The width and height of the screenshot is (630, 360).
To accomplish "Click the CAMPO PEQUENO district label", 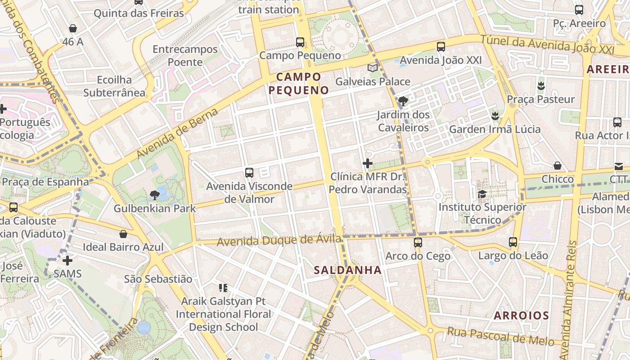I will [x=299, y=83].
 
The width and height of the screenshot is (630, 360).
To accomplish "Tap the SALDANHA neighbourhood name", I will [x=347, y=270].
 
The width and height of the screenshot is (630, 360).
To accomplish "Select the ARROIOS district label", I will [x=521, y=315].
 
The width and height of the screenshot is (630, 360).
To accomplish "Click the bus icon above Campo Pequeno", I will [x=300, y=42].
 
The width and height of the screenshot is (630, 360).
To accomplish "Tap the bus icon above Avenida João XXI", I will [x=441, y=46].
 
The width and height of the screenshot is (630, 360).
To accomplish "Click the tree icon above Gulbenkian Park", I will [x=154, y=195].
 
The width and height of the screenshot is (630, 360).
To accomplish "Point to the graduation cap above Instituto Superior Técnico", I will [x=482, y=194].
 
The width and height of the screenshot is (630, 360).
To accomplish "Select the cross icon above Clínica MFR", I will [x=368, y=163].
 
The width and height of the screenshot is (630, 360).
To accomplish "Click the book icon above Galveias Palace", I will [x=373, y=68].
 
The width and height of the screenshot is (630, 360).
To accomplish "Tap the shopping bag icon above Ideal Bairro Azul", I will [x=123, y=234].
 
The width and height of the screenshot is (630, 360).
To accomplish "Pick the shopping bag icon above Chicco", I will [x=558, y=166].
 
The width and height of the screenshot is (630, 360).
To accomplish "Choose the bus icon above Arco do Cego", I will [x=418, y=243].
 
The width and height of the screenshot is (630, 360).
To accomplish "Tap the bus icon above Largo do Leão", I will [x=513, y=242].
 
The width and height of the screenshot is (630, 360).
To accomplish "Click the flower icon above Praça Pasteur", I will [x=541, y=85].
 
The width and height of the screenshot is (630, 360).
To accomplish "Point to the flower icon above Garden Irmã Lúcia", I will [x=495, y=116].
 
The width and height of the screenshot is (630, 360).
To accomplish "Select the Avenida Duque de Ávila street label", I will [x=279, y=240].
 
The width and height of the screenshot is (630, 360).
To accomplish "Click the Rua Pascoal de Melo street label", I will [x=500, y=337].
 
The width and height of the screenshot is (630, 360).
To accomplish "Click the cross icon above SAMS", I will [x=67, y=260].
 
